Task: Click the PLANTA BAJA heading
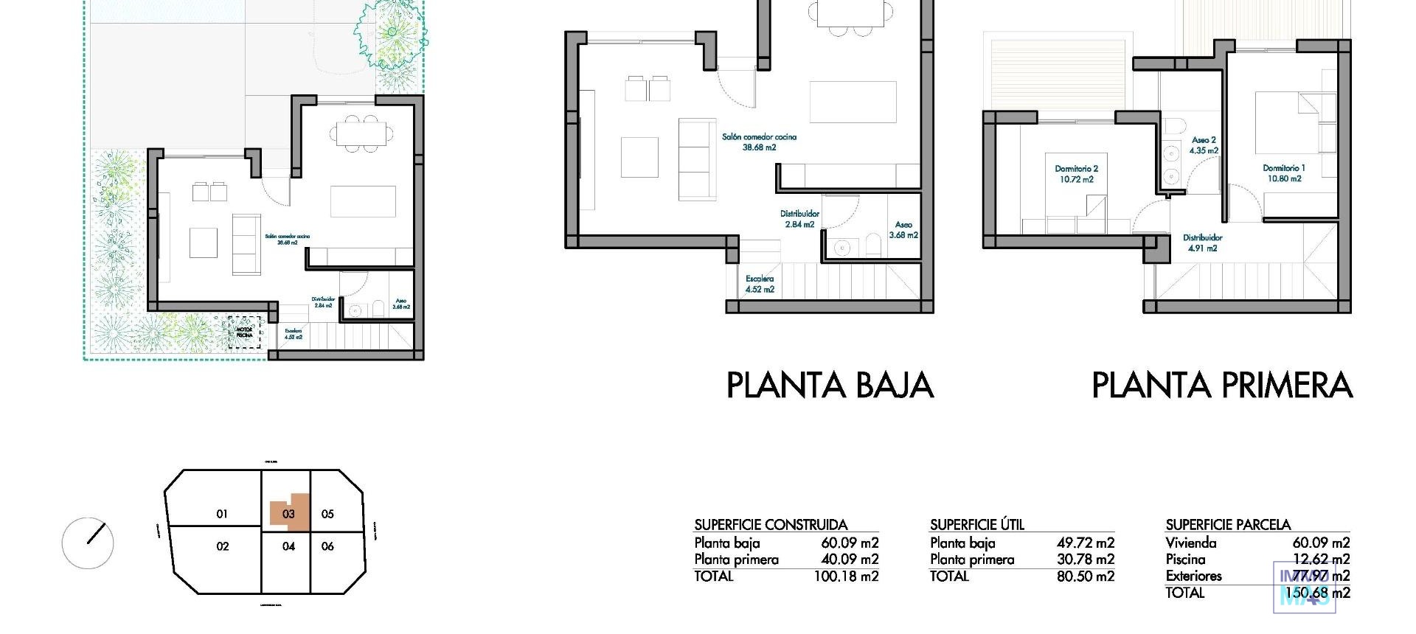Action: (830, 386)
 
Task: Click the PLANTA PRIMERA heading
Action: (1221, 386)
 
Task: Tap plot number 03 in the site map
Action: (288, 514)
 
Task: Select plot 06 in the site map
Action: (327, 546)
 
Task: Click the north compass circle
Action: (88, 543)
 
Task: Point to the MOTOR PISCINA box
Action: (244, 331)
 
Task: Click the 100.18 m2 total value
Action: (846, 576)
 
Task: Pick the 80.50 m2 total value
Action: (1085, 576)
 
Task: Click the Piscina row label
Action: (1185, 560)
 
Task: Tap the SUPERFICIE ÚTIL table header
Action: (976, 525)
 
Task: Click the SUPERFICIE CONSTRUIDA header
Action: (770, 525)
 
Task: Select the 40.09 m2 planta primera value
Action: (850, 560)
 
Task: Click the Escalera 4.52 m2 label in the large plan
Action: (760, 285)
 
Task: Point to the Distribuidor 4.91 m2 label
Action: (1202, 243)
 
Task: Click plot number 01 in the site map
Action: (222, 514)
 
